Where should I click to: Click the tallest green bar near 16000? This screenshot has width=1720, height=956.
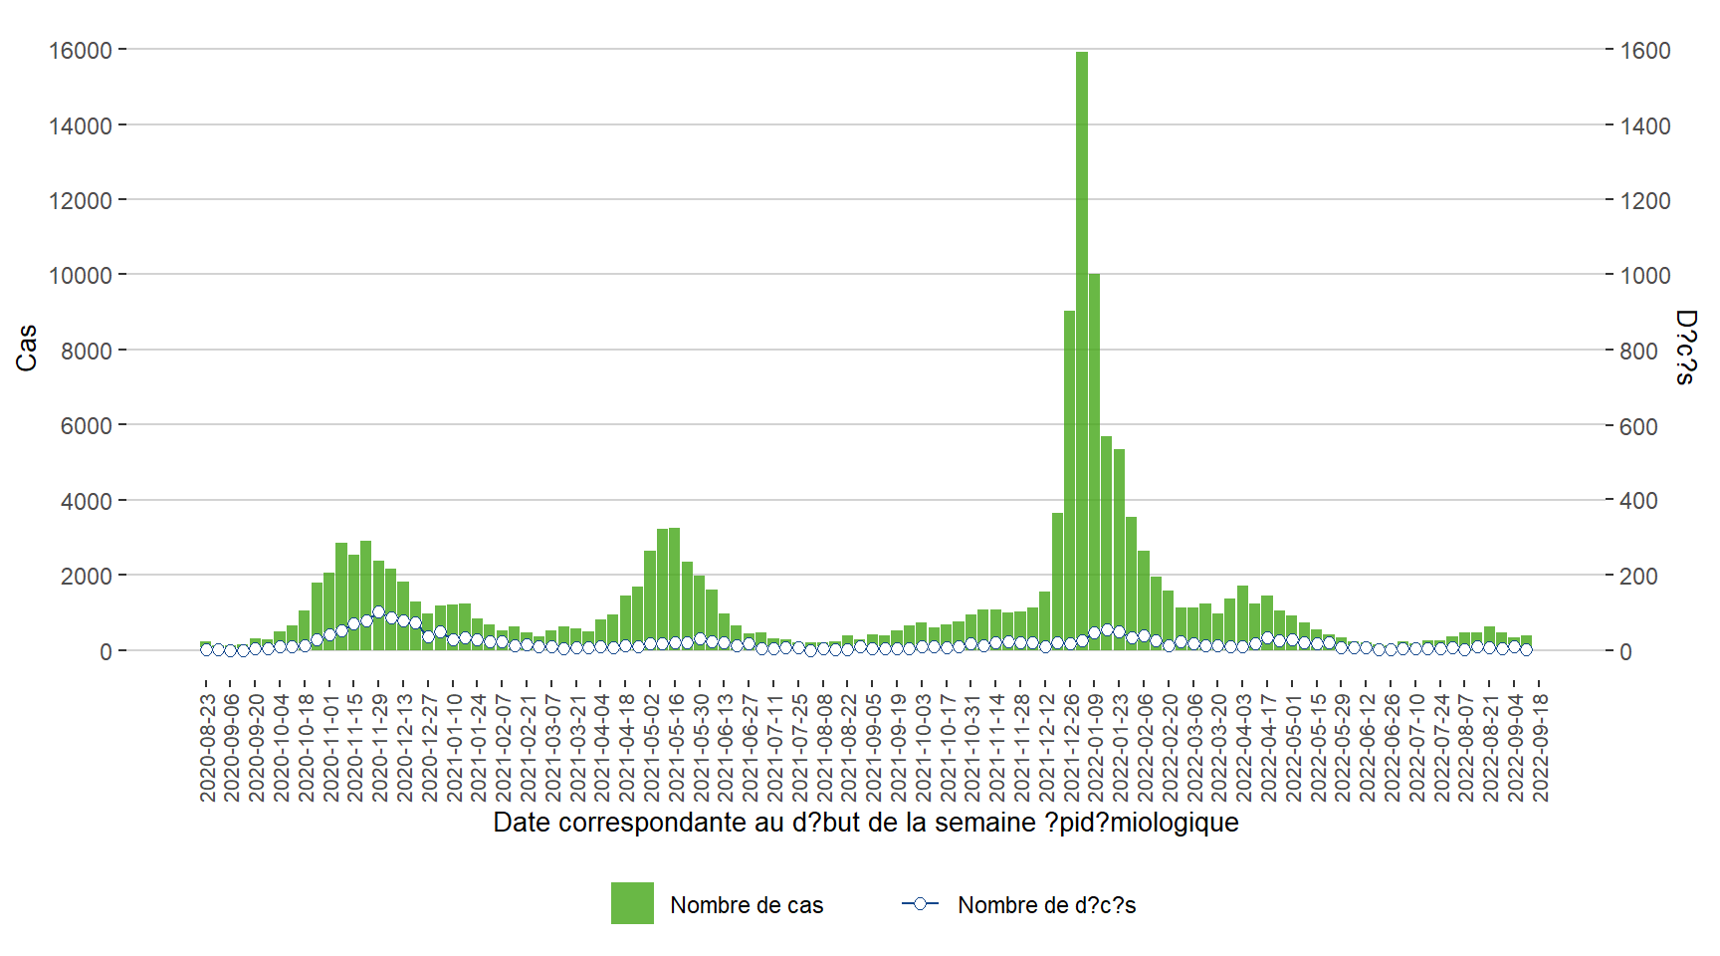point(1081,349)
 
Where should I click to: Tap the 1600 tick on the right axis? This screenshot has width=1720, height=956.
point(1645,51)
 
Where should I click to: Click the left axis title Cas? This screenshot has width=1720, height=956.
point(27,348)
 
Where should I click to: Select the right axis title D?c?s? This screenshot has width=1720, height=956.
point(1685,347)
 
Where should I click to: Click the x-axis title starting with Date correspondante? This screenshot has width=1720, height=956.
point(865,823)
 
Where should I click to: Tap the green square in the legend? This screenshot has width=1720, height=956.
point(632,903)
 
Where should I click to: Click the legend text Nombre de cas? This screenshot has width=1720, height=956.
point(747,905)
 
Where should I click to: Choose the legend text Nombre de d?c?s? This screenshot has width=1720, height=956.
point(1046,905)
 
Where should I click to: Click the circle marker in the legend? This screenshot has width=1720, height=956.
point(920,904)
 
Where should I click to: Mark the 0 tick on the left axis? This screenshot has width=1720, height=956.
point(106,652)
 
